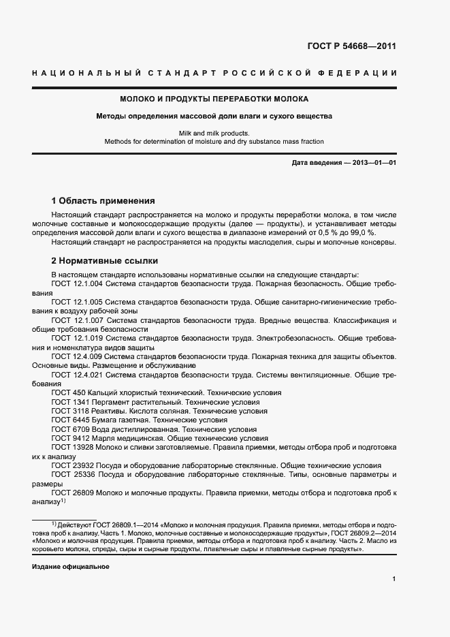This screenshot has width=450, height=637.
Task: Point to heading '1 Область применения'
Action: click(103, 201)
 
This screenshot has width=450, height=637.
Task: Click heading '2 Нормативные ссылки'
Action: click(105, 260)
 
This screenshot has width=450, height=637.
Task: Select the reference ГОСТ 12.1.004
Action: click(77, 283)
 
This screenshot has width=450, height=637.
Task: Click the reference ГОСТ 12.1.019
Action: click(77, 337)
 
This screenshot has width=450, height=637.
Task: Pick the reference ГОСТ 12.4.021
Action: click(77, 375)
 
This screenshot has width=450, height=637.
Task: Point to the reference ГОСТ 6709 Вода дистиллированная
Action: click(154, 430)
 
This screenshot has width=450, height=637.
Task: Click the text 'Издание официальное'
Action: click(70, 567)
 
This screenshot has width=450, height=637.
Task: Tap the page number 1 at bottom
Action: click(394, 578)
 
